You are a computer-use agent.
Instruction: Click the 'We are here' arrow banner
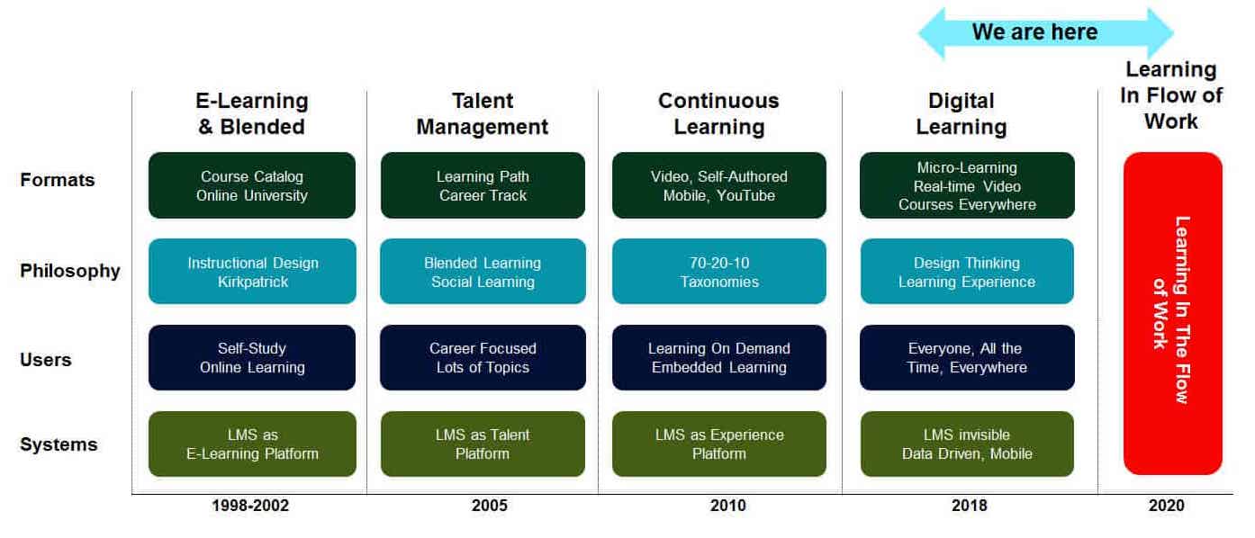coord(1045,32)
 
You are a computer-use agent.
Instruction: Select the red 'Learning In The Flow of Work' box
coord(1173,313)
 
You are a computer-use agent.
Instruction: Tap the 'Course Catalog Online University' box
coord(252,185)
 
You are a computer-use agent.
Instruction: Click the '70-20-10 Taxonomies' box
coord(718,272)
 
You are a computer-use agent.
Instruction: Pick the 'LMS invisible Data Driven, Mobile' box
coord(967,444)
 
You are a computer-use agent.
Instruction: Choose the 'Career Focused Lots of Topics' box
coord(483,358)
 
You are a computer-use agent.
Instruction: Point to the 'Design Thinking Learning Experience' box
coord(967,272)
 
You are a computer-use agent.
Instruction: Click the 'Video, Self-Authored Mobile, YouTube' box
coord(718,185)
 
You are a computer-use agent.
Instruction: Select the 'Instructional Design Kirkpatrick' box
coord(252,272)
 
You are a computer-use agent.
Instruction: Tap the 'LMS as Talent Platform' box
coord(483,444)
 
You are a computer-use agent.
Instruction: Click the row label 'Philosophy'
coord(70,271)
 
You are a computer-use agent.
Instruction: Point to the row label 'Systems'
coord(59,444)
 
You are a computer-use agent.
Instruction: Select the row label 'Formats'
coord(57,180)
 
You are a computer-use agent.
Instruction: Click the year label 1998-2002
coord(250,506)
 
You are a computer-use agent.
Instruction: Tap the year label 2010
coord(727,506)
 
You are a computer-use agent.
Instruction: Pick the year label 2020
coord(1167,506)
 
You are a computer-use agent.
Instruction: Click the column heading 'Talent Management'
coord(483,113)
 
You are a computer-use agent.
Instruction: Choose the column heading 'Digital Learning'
coord(962,113)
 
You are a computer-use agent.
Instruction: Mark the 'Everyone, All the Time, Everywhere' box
coord(967,358)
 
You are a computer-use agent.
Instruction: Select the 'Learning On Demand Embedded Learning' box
coord(718,358)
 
